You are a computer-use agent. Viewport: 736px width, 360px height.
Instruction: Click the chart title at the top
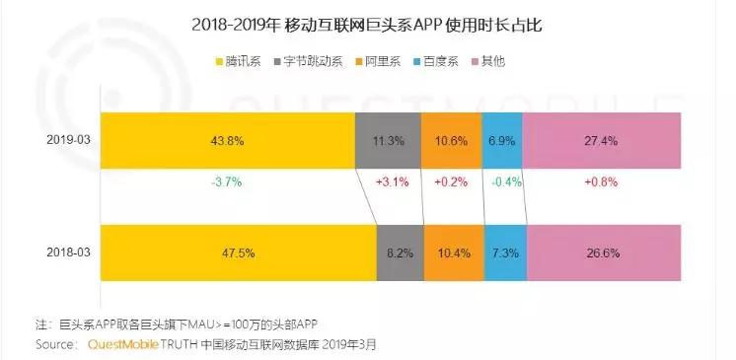[367, 25]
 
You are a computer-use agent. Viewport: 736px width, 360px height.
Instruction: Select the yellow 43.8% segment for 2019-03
[228, 140]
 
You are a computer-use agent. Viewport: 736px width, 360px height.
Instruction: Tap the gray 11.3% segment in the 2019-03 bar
[388, 140]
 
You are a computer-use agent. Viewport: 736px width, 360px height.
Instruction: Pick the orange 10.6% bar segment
[452, 140]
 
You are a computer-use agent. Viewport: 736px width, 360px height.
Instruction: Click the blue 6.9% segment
[502, 140]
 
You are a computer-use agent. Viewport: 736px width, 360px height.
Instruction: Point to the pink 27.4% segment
[602, 140]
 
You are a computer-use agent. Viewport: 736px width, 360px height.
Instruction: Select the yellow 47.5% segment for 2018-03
[239, 252]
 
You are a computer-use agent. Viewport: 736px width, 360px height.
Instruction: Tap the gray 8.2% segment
[401, 252]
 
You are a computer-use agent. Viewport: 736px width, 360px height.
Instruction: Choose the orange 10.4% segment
[455, 252]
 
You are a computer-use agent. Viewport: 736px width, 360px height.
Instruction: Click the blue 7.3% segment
[505, 252]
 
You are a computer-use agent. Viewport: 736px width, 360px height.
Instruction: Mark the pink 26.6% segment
[604, 252]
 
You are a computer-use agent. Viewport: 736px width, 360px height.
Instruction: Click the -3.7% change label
[227, 182]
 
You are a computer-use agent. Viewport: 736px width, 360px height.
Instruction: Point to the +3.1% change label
[393, 182]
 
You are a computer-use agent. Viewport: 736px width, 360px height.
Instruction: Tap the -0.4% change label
[506, 182]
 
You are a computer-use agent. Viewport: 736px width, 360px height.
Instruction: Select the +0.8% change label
[601, 182]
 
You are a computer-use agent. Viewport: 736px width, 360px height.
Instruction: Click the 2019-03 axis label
[68, 140]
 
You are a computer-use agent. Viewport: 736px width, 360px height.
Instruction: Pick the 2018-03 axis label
[68, 252]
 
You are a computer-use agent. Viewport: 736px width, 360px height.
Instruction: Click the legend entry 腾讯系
[238, 61]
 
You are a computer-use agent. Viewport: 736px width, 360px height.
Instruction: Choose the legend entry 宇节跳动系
[308, 61]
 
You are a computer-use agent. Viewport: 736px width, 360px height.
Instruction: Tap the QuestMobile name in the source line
[123, 344]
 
